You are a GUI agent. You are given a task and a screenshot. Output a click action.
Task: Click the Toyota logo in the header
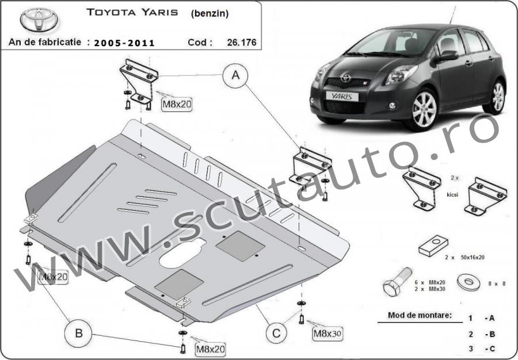(39, 20)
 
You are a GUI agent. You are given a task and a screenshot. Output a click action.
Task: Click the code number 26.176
(242, 42)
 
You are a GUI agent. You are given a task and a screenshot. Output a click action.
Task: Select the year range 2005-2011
(124, 43)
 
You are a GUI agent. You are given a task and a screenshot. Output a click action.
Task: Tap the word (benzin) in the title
(210, 14)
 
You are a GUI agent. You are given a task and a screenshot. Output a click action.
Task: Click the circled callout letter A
(235, 75)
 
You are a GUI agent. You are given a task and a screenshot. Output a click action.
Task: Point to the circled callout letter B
(79, 333)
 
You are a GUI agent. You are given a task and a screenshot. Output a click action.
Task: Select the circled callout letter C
(276, 334)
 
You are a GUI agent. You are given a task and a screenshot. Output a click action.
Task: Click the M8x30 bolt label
(327, 334)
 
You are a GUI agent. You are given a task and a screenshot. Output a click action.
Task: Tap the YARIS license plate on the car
(342, 97)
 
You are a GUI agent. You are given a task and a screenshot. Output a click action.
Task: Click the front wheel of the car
(424, 109)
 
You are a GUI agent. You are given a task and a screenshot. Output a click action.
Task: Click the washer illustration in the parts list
(469, 282)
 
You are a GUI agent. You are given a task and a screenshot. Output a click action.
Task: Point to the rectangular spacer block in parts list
(433, 246)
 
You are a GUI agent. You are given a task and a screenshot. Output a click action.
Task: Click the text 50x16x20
(473, 258)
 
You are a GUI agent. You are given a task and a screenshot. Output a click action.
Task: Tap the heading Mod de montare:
(420, 315)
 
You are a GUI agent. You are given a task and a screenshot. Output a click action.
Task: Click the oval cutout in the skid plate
(182, 253)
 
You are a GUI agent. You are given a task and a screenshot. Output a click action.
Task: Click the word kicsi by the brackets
(452, 195)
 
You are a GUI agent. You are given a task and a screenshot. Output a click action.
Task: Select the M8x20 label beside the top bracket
(177, 104)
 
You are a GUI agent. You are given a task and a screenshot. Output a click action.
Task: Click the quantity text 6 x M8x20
(430, 282)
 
